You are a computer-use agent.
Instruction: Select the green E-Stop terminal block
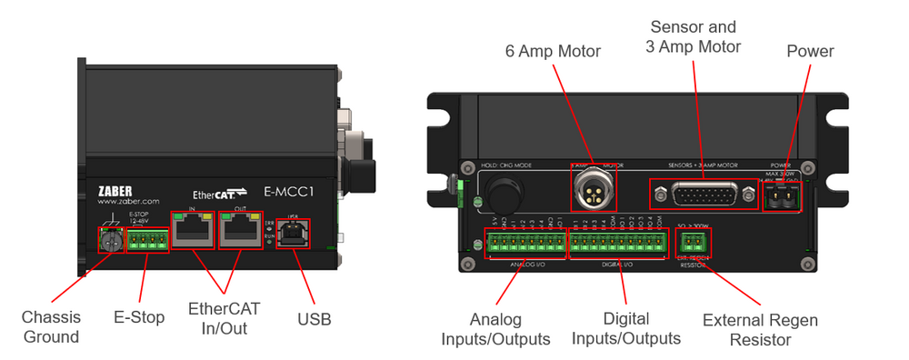tap(145, 239)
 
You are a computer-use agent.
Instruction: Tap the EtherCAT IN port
tap(193, 234)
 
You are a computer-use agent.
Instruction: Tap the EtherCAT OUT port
tap(241, 234)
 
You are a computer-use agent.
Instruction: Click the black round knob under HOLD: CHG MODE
tap(499, 193)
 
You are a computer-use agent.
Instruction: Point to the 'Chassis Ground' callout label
tap(51, 327)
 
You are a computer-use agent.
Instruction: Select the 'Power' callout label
tap(810, 51)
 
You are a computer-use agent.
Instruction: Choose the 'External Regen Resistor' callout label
tap(760, 330)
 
